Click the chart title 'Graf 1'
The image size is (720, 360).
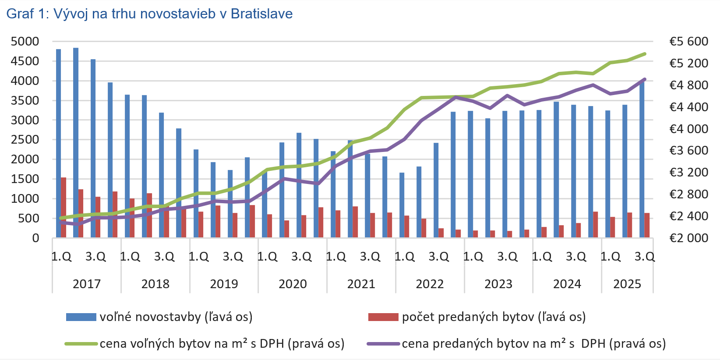tap(149, 14)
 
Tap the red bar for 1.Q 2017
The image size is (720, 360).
tap(64, 208)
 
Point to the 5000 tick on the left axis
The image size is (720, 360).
tap(25, 42)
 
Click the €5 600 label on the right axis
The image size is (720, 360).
tap(688, 42)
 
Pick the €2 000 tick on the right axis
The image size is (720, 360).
tap(688, 238)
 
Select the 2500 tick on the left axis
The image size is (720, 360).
tap(25, 140)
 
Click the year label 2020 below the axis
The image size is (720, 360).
tap(293, 284)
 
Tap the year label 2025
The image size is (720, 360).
tap(627, 284)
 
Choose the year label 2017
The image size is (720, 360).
tap(87, 284)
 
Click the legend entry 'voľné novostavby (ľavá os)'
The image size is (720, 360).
tap(176, 317)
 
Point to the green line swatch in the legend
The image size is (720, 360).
tap(81, 344)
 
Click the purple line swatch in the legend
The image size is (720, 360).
tap(383, 344)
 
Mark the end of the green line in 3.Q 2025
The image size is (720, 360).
tap(645, 54)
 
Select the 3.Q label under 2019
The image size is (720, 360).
tap(233, 256)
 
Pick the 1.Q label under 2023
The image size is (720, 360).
tap(473, 256)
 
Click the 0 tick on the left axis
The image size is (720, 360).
tap(35, 238)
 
